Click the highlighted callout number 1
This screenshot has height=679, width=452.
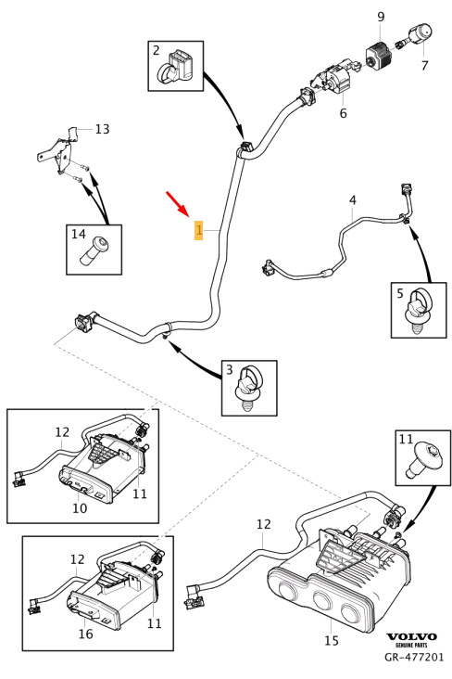[198, 229]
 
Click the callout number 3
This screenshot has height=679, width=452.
[229, 371]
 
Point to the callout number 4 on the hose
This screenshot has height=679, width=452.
[352, 200]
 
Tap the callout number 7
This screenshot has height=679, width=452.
[424, 66]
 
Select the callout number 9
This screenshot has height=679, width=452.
[380, 18]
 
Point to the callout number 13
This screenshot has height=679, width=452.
[102, 129]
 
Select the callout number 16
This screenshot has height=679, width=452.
[85, 634]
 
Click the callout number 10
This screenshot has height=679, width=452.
[80, 508]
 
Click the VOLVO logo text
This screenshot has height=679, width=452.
[411, 636]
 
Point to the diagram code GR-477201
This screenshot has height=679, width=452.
[414, 657]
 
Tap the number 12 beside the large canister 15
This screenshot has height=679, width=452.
[263, 524]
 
